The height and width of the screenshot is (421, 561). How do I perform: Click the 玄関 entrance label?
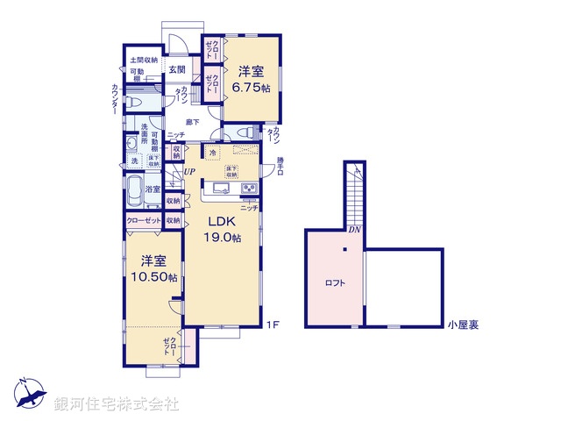(176, 69)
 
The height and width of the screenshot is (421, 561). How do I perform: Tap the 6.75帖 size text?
(252, 88)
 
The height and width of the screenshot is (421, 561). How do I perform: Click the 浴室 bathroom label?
(152, 189)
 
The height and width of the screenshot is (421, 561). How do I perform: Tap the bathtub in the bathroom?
(134, 189)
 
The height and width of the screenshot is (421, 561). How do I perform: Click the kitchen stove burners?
(248, 187)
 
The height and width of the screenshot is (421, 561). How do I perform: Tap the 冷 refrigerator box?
(213, 153)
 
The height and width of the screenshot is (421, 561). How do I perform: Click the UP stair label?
(189, 171)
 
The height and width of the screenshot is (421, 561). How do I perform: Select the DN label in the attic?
(353, 231)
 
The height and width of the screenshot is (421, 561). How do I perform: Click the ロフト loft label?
(334, 283)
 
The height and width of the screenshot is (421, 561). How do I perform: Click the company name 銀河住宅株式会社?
(116, 404)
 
